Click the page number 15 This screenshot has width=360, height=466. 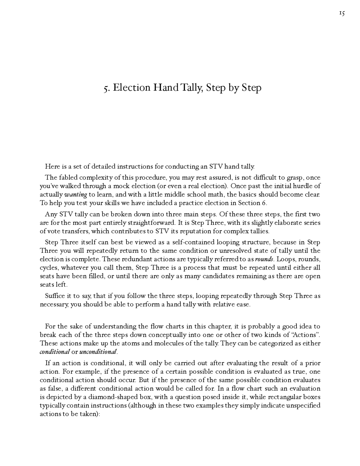pyautogui.click(x=342, y=13)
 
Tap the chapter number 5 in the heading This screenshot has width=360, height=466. pyautogui.click(x=106, y=88)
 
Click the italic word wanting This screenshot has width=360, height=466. pyautogui.click(x=76, y=195)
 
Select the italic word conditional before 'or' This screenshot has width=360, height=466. pyautogui.click(x=55, y=352)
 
